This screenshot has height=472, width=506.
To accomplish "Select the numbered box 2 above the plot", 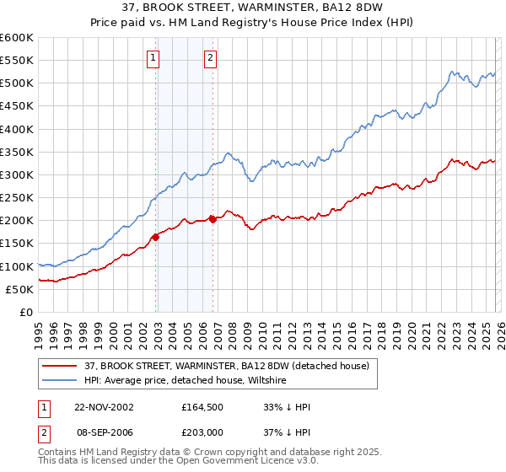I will pos(210,58).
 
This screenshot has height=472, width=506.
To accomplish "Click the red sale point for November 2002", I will pos(156,237).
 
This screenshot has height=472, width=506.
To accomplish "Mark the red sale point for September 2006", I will pos(213,219).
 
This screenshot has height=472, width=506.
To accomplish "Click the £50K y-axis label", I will pos(20,289).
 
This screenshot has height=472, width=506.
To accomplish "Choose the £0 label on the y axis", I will pos(25,312).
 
